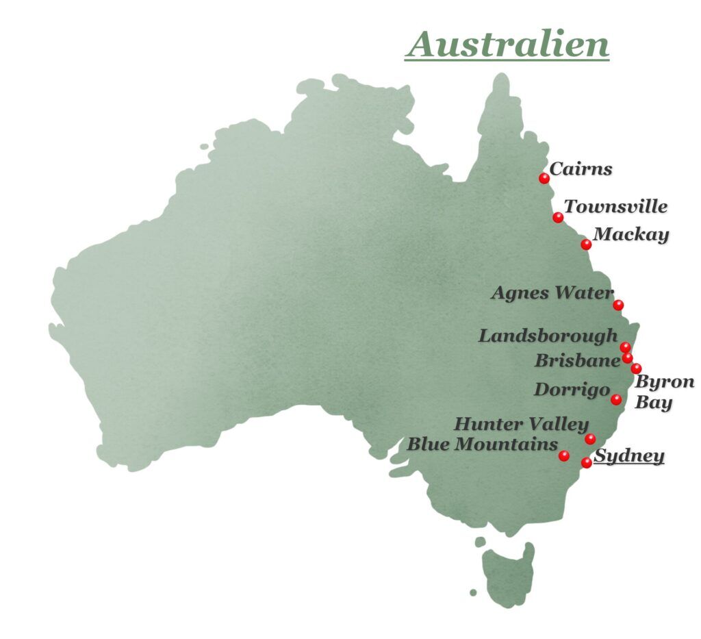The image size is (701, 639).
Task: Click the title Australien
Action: click(x=507, y=45)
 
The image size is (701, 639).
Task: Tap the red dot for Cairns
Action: click(x=544, y=178)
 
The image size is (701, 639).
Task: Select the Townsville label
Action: click(x=615, y=206)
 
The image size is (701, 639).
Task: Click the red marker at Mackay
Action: click(x=586, y=245)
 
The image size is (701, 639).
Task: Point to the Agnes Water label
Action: click(x=552, y=293)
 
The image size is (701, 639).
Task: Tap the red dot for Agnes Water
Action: click(x=618, y=305)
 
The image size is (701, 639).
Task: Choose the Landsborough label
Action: click(x=548, y=336)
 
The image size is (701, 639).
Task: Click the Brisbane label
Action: click(x=577, y=360)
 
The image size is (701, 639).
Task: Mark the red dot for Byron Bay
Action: click(x=636, y=368)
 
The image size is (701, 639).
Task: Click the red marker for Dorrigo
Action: click(x=616, y=399)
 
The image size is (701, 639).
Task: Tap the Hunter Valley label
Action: click(x=521, y=424)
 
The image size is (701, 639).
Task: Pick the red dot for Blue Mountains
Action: click(x=564, y=455)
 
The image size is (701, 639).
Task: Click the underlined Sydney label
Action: click(x=628, y=455)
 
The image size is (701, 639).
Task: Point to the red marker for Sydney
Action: click(x=587, y=463)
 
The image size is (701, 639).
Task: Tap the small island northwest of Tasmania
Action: click(x=473, y=592)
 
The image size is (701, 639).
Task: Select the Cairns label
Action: click(x=581, y=168)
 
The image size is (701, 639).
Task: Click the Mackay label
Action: click(x=630, y=234)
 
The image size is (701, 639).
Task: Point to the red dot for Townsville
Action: click(x=558, y=218)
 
